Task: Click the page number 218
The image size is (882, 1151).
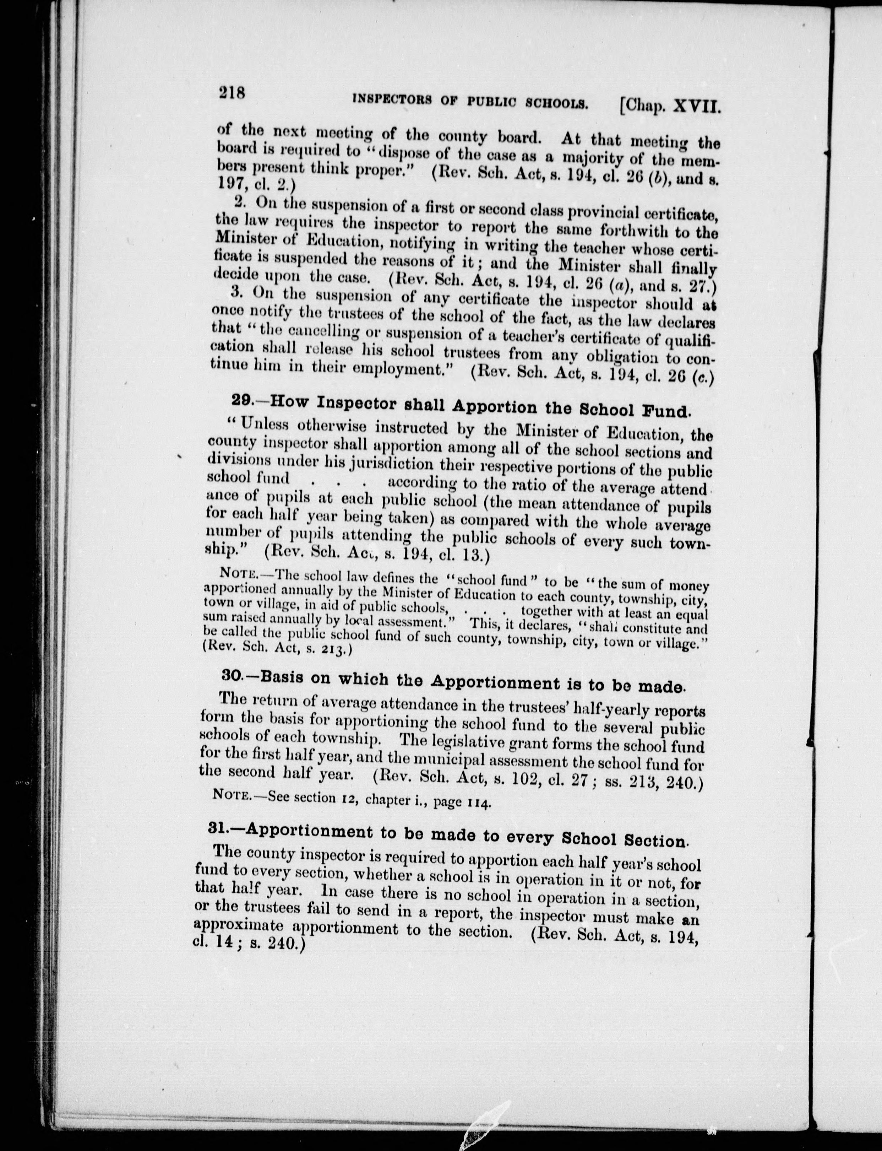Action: point(233,93)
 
